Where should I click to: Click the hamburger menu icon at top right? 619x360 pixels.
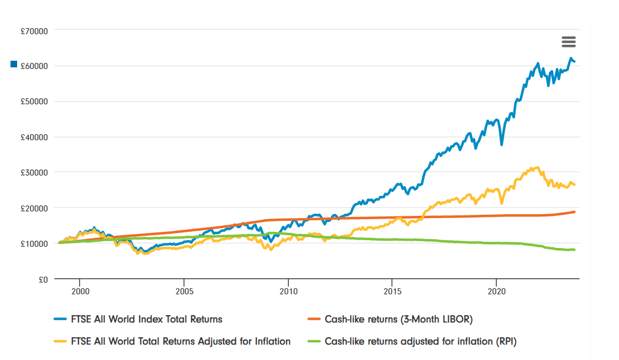tap(568, 41)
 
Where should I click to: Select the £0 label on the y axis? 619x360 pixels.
tap(44, 279)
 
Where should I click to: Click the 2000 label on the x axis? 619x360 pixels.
tap(80, 290)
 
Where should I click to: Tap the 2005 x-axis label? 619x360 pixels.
tap(184, 290)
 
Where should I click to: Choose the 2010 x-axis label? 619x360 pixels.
tap(288, 290)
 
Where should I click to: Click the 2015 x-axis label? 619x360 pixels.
tap(392, 290)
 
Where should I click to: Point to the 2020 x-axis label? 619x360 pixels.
tap(496, 290)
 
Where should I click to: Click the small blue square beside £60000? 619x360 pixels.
tap(14, 65)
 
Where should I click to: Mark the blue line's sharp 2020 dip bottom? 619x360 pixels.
tap(501, 145)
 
